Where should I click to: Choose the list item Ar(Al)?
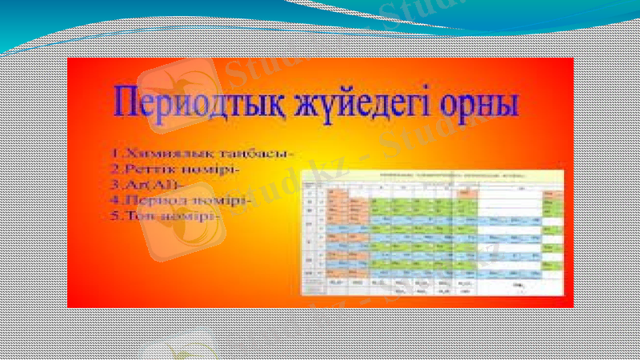[x=148, y=183]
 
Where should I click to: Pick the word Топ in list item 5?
[x=135, y=217]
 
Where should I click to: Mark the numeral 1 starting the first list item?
[x=113, y=151]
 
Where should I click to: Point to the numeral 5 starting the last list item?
[x=113, y=217]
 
